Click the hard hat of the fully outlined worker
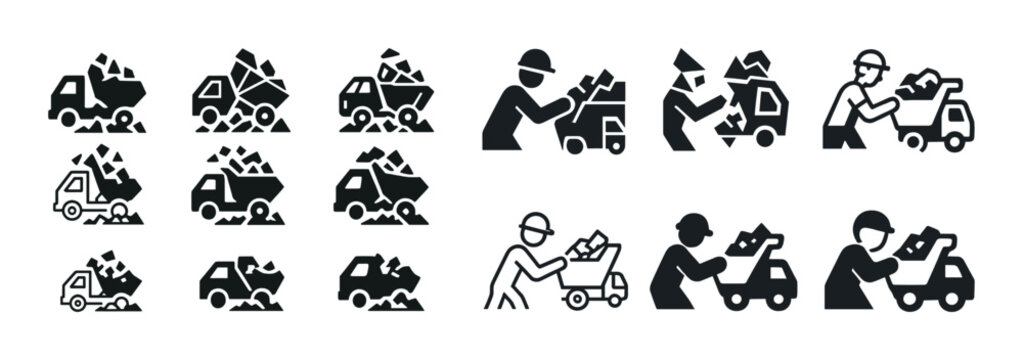pyautogui.click(x=538, y=224)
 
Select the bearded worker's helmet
pyautogui.click(x=872, y=61)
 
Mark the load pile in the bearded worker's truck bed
pyautogui.click(x=921, y=86)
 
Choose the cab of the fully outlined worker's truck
pyautogui.click(x=612, y=285)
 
